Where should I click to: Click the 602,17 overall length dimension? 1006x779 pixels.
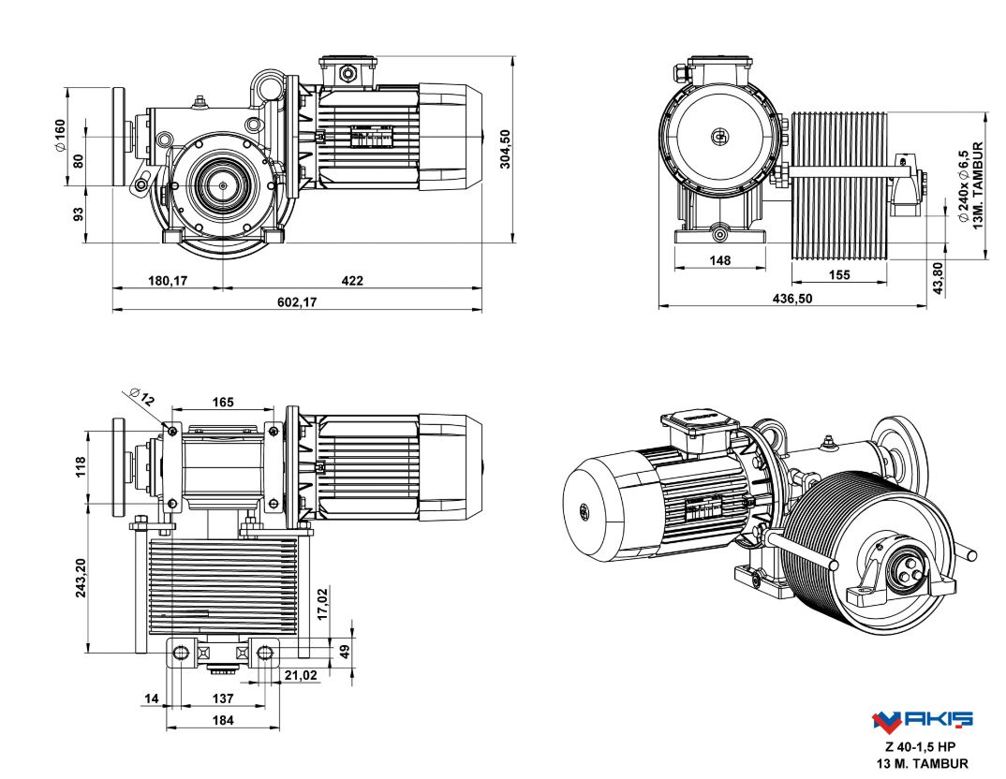coord(296,302)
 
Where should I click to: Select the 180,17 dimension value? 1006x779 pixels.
coord(167,281)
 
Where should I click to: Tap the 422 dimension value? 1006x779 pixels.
coord(352,281)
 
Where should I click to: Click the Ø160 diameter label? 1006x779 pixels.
coord(60,137)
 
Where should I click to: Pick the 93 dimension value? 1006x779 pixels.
coord(79,214)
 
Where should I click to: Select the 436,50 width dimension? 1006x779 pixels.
coord(792,298)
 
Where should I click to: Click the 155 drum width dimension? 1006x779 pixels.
coord(839,274)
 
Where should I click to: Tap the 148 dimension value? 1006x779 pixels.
coord(719,260)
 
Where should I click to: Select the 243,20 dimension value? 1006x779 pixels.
coord(80,579)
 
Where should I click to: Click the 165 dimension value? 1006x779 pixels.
coord(222,403)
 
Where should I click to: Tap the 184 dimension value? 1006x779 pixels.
coord(222,720)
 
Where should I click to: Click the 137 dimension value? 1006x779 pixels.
coord(222,698)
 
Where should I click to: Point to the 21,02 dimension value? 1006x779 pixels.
coord(300,674)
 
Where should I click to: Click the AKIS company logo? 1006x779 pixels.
coord(923,720)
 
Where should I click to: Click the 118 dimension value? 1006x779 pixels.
coord(80,465)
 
